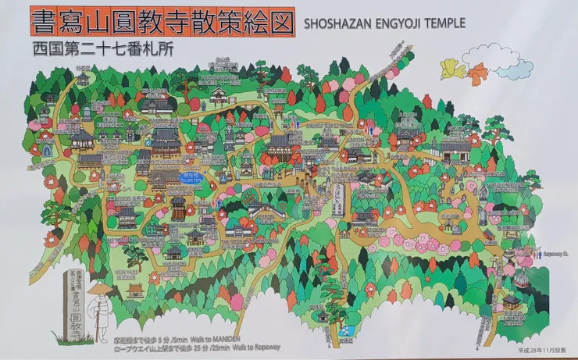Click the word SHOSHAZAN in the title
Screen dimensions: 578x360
(335, 23)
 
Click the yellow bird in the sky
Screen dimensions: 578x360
(451, 69)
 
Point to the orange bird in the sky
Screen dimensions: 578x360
(476, 73)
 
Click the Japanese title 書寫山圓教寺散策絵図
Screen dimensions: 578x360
(162, 21)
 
